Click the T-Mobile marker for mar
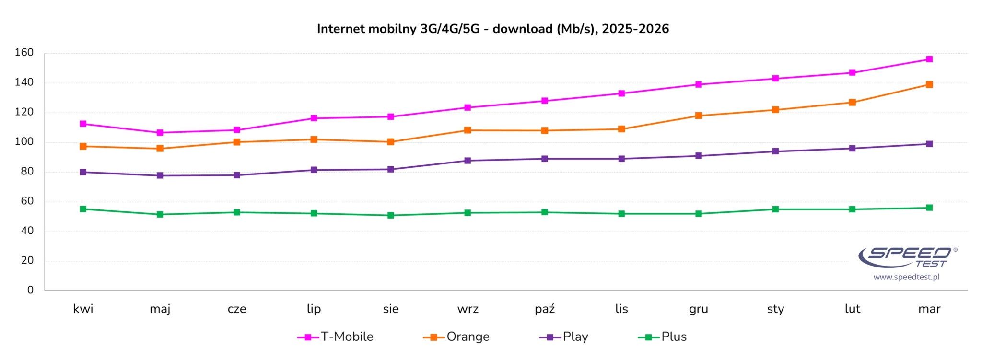[x=929, y=59]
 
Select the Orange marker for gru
[x=699, y=116]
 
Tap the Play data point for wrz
[x=468, y=161]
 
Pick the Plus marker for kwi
[x=83, y=209]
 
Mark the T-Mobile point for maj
[x=160, y=133]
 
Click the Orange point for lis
[x=621, y=129]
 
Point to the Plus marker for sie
[x=391, y=215]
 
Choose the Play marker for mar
[x=929, y=144]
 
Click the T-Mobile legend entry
[x=335, y=337]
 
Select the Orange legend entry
[x=456, y=337]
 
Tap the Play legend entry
[x=564, y=337]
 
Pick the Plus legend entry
[x=662, y=337]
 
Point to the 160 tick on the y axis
[x=24, y=53]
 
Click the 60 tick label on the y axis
[x=27, y=201]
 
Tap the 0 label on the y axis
[x=31, y=290]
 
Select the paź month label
[x=545, y=309]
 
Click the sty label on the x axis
[x=775, y=309]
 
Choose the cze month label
[x=237, y=309]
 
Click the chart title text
[x=493, y=29]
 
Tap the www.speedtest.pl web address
[x=906, y=277]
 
